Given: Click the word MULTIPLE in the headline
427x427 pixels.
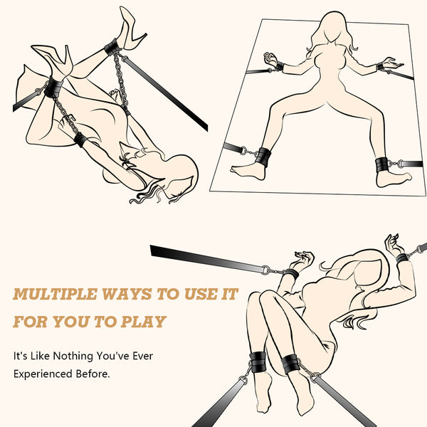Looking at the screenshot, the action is pyautogui.click(x=55, y=295).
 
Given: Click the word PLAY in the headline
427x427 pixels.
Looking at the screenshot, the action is pyautogui.click(x=143, y=322).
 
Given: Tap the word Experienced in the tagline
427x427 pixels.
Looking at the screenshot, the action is pyautogui.click(x=43, y=374).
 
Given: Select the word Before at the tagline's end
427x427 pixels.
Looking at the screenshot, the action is pyautogui.click(x=93, y=374).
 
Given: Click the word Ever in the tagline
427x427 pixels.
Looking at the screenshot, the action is pyautogui.click(x=143, y=356).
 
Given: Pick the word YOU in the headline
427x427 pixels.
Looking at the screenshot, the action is pyautogui.click(x=71, y=322).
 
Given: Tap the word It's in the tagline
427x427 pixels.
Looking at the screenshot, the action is pyautogui.click(x=21, y=356).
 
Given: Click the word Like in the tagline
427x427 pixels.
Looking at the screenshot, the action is pyautogui.click(x=40, y=356).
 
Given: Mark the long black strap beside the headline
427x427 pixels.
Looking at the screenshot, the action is pyautogui.click(x=207, y=259).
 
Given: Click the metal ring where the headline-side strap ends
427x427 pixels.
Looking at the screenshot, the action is pyautogui.click(x=265, y=270).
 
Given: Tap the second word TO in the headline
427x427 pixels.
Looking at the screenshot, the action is pyautogui.click(x=105, y=322).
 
